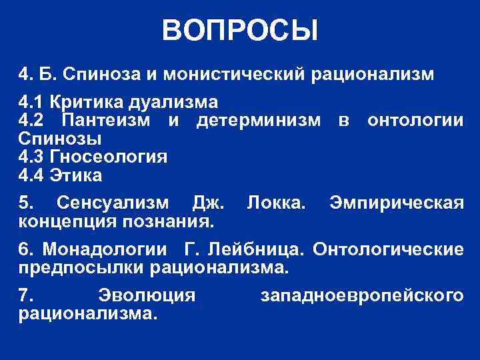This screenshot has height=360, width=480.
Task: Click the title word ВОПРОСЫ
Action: click(x=240, y=30)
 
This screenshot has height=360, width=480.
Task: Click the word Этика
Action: click(x=80, y=176)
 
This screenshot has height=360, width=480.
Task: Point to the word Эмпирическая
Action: click(x=396, y=202)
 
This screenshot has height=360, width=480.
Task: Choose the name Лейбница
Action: click(x=258, y=250)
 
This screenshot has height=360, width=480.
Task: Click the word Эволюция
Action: click(x=147, y=294)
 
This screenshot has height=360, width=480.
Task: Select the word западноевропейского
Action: click(x=360, y=294)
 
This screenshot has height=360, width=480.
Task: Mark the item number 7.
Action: click(x=25, y=294)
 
